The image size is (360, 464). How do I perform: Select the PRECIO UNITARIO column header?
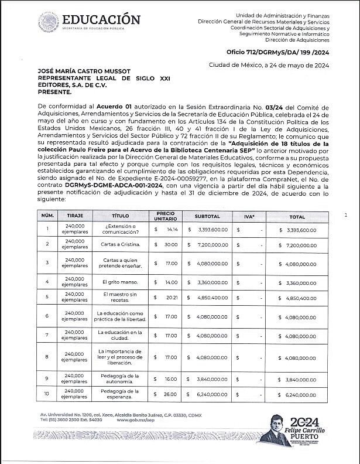tap(166, 216)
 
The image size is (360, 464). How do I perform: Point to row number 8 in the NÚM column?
tap(47, 357)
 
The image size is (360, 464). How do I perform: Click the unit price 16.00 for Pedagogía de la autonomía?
tap(170, 379)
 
